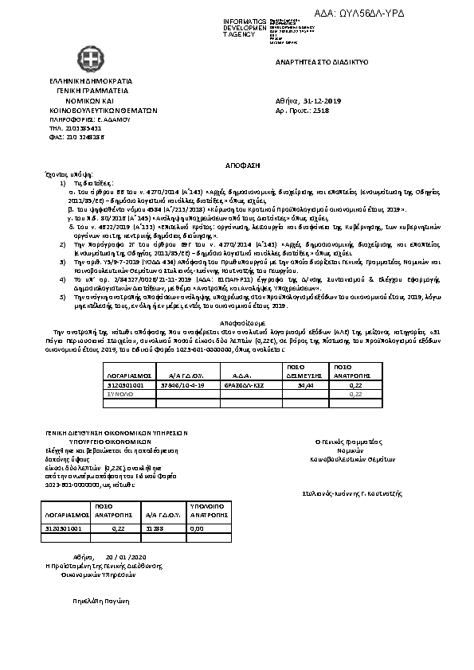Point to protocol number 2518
click(x=321, y=111)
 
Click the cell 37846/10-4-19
click(x=183, y=384)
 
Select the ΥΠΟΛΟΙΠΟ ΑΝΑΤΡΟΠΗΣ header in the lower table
click(x=207, y=510)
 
